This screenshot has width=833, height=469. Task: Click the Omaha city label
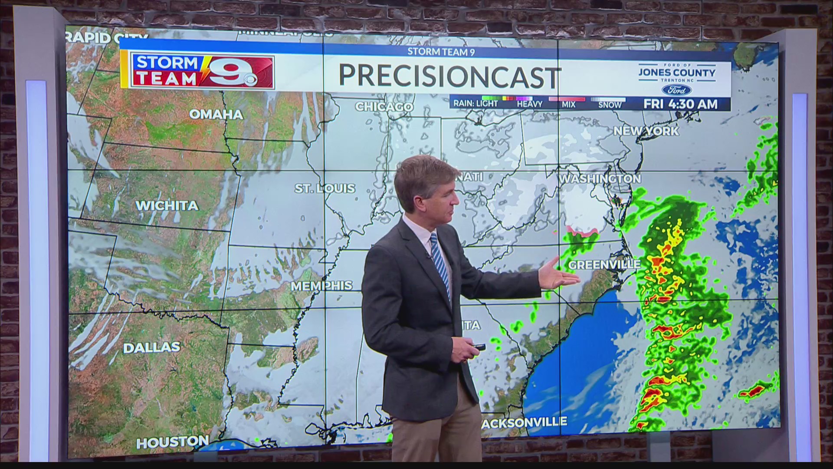pos(216,115)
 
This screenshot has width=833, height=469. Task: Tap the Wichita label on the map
pos(167,206)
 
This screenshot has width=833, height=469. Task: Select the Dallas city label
pos(151,348)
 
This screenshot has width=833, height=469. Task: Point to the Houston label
pos(172,443)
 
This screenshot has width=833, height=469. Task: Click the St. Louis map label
pos(325,188)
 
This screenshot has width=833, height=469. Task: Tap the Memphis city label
pos(321,286)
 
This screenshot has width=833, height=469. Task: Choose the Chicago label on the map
pos(384,107)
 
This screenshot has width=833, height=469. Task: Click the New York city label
pos(646,131)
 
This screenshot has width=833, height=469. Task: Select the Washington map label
pos(600,178)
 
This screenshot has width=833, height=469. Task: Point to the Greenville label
pos(604,264)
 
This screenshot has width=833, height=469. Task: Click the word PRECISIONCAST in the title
pos(449,76)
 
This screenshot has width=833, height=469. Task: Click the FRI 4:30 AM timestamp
pos(680,104)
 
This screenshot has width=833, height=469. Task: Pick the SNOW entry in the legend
pos(610,105)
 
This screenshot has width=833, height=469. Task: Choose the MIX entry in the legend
pos(568,105)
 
